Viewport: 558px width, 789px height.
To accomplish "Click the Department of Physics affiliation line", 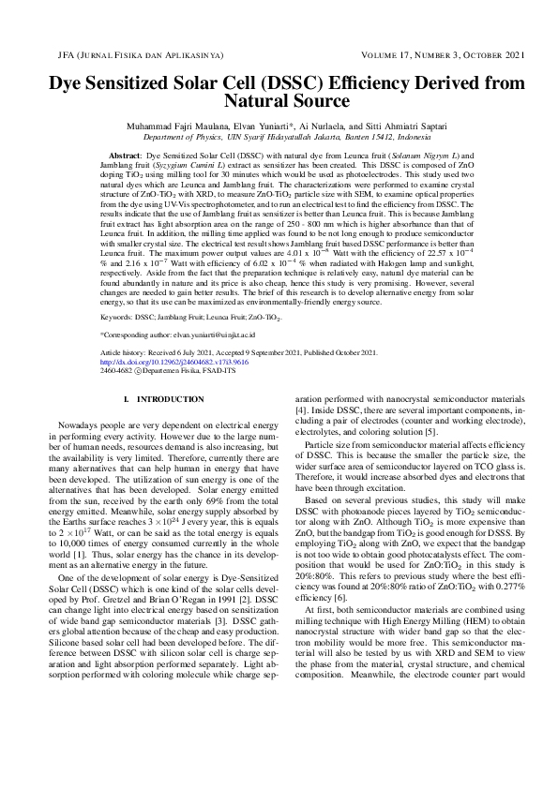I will point(279,137).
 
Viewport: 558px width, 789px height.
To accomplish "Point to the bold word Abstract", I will point(126,152).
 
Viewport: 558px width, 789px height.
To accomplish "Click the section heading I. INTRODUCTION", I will point(164,400).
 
